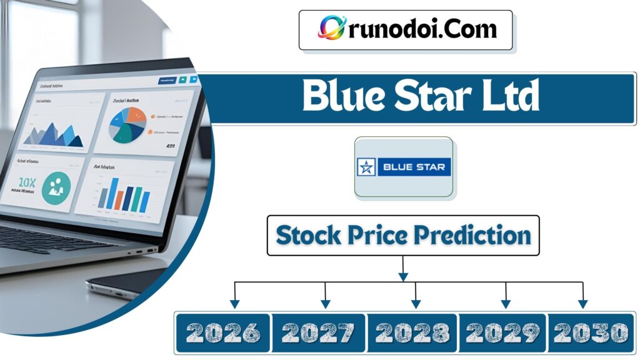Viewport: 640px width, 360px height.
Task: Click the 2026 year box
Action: click(223, 332)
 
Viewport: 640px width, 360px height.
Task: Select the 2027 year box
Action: click(319, 332)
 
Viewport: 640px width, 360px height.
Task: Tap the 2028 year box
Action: click(413, 332)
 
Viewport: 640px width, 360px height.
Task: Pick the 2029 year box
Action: click(503, 332)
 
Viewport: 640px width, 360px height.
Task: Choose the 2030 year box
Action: click(591, 332)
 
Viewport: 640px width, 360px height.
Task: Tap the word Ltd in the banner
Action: click(506, 97)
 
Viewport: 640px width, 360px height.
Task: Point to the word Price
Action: click(382, 235)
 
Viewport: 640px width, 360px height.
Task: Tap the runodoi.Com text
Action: click(420, 29)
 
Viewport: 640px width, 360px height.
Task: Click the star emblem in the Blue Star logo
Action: click(367, 167)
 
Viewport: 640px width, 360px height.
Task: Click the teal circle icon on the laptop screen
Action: click(56, 187)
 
